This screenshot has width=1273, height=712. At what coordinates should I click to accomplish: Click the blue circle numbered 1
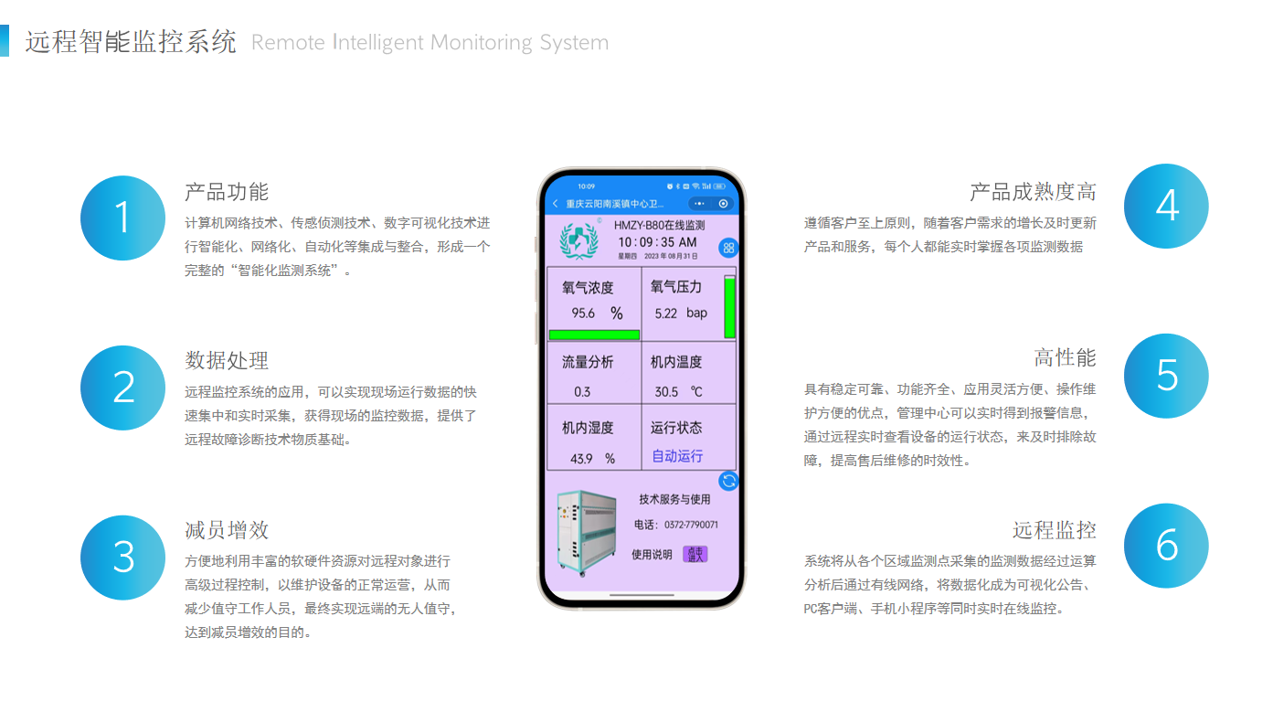(123, 218)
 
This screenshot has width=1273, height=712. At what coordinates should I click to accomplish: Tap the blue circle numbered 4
(1166, 207)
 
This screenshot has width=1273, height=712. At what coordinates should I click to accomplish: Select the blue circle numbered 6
(1166, 546)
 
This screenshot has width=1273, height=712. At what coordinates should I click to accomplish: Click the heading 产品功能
(227, 192)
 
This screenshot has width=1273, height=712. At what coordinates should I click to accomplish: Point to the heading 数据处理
(227, 360)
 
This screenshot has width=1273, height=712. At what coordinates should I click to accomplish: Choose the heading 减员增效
(227, 530)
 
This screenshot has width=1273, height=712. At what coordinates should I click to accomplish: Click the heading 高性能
(1065, 357)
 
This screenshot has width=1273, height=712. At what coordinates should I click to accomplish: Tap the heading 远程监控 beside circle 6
(1054, 530)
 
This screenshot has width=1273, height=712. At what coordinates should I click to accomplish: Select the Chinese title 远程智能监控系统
(131, 42)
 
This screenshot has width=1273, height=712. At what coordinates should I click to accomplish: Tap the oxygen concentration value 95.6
(583, 313)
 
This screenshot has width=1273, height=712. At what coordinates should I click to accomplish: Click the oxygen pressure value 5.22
(666, 313)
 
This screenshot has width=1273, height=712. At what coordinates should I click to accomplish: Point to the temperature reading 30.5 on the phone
(666, 392)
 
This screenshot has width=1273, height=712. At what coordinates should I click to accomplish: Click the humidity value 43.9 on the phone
(581, 459)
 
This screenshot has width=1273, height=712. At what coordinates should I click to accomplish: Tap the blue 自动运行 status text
(677, 456)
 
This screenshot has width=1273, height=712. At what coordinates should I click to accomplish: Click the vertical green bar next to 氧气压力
(729, 308)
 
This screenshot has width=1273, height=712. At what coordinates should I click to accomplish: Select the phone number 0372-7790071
(690, 526)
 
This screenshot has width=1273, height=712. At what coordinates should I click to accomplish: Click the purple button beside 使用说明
(695, 554)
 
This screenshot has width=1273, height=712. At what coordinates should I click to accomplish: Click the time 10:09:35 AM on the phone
(657, 242)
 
